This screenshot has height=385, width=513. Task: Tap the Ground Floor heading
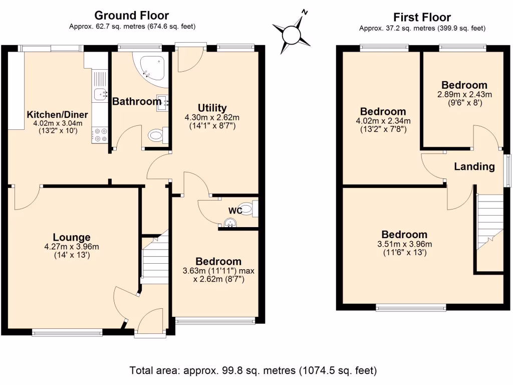(132, 16)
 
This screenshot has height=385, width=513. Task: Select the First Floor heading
(422, 18)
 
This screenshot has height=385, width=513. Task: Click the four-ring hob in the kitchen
(100, 135)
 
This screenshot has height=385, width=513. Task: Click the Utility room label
(212, 108)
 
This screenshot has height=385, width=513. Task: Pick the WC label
(235, 211)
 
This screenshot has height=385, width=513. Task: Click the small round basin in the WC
(230, 223)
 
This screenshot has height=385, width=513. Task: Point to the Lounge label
(72, 237)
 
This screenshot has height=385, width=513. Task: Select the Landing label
(474, 166)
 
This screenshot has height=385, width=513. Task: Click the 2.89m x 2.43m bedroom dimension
(464, 94)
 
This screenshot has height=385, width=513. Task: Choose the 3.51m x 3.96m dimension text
(404, 244)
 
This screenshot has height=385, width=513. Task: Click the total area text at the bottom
(253, 371)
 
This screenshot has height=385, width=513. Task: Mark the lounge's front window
(67, 331)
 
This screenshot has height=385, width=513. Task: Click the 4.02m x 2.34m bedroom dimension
(383, 120)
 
